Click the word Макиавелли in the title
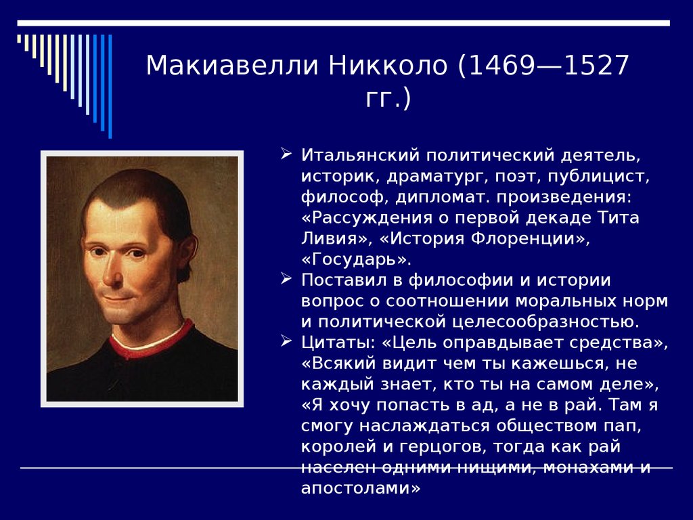[233, 66]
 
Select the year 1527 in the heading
[597, 66]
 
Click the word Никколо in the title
[388, 66]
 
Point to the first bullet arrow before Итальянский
[286, 154]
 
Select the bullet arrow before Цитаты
[286, 341]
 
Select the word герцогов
[441, 447]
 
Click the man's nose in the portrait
[113, 274]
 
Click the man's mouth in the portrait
[118, 299]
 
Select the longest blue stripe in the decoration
[110, 86]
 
